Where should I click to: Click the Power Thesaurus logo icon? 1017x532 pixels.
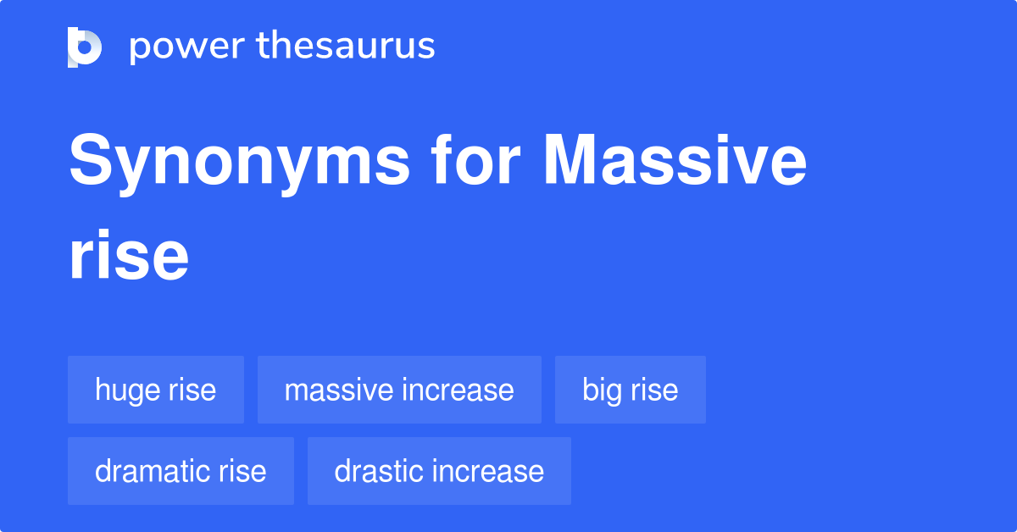point(84,47)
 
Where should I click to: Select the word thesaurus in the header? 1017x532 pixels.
point(345,47)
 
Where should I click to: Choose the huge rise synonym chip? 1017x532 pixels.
point(156,390)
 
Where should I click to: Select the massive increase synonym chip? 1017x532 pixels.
point(399,390)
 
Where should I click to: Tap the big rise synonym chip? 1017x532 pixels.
point(630,390)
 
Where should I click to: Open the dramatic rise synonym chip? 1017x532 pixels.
point(181,471)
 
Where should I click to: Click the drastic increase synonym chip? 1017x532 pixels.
point(439,471)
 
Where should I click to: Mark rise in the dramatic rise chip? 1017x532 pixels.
point(242,471)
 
